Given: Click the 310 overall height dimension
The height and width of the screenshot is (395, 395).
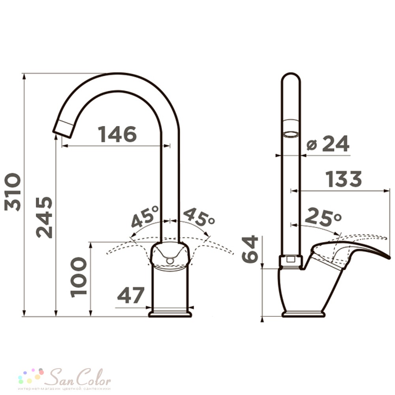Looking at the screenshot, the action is pos(13,192).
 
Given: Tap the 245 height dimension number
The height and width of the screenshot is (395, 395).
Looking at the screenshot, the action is pos(44,217).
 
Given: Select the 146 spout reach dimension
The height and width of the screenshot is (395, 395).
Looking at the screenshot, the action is pos(117,134).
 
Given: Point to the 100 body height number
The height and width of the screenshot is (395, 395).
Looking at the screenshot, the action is pos(79,277).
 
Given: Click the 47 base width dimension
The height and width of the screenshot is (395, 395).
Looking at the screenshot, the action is pos(131,295).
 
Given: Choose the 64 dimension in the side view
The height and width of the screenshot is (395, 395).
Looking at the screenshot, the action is pos(250,249).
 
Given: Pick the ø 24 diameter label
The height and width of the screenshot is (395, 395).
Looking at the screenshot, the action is pos(328,144).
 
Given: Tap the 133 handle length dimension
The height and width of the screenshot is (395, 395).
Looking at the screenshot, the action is pos(344,179).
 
